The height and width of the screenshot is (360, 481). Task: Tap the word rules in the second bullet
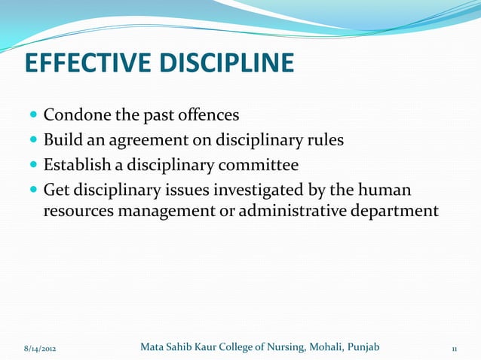click(x=324, y=140)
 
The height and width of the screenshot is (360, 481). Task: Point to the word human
click(x=386, y=188)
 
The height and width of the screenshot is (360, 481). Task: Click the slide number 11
click(x=454, y=349)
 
